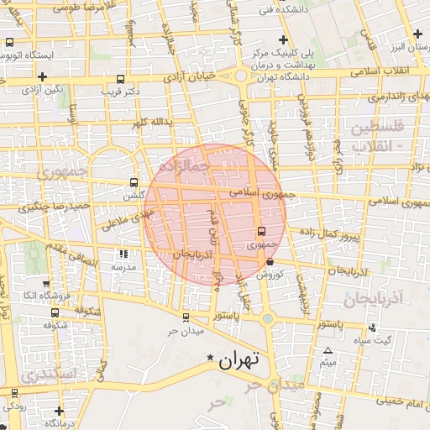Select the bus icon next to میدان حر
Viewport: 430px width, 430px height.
point(186,317)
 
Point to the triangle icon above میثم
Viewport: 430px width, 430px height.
point(328,350)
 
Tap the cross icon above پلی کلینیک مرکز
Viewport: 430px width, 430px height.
point(283,40)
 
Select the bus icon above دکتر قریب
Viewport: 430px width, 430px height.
point(120,80)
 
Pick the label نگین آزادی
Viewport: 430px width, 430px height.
point(41,87)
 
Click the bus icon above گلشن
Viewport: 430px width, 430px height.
point(134,181)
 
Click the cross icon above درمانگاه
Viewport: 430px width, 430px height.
point(59,411)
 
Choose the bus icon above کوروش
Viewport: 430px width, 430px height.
point(269,263)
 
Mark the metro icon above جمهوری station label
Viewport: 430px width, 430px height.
point(261,231)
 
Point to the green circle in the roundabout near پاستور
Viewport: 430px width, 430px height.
point(267,318)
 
